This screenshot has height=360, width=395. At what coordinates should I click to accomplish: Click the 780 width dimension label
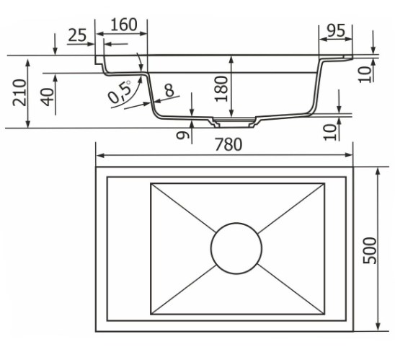228,144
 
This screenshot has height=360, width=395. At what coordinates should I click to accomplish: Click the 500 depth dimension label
369,250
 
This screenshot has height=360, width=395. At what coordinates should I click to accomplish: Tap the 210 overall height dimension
19,92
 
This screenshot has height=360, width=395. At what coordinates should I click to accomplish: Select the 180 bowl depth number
221,89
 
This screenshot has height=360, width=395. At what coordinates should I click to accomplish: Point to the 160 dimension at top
124,25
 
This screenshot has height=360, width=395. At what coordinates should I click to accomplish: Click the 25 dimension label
77,35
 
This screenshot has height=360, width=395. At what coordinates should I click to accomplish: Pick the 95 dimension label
336,30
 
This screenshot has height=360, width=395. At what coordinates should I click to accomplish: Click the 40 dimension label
48,97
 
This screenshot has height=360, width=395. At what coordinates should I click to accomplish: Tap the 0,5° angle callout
120,92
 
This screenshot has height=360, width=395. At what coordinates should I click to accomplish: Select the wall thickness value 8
169,90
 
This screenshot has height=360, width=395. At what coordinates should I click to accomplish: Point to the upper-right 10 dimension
365,74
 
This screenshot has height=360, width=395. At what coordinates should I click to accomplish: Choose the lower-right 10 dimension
329,132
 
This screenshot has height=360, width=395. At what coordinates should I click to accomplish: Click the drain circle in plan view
236,248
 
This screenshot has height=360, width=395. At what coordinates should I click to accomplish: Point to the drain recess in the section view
234,123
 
